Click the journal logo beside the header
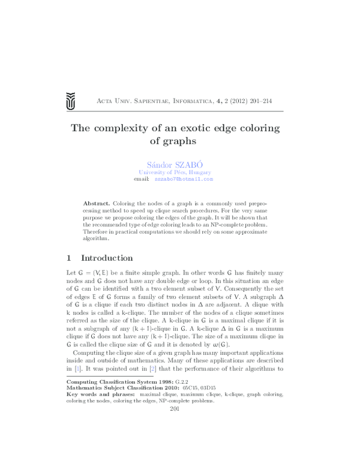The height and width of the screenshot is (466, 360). [71, 101]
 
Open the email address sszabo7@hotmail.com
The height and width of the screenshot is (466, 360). [184, 179]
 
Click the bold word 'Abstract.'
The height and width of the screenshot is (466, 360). [97, 204]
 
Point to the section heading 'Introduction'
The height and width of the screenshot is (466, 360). [107, 258]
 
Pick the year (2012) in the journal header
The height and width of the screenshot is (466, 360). [233, 101]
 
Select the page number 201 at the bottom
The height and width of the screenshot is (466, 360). [176, 408]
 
